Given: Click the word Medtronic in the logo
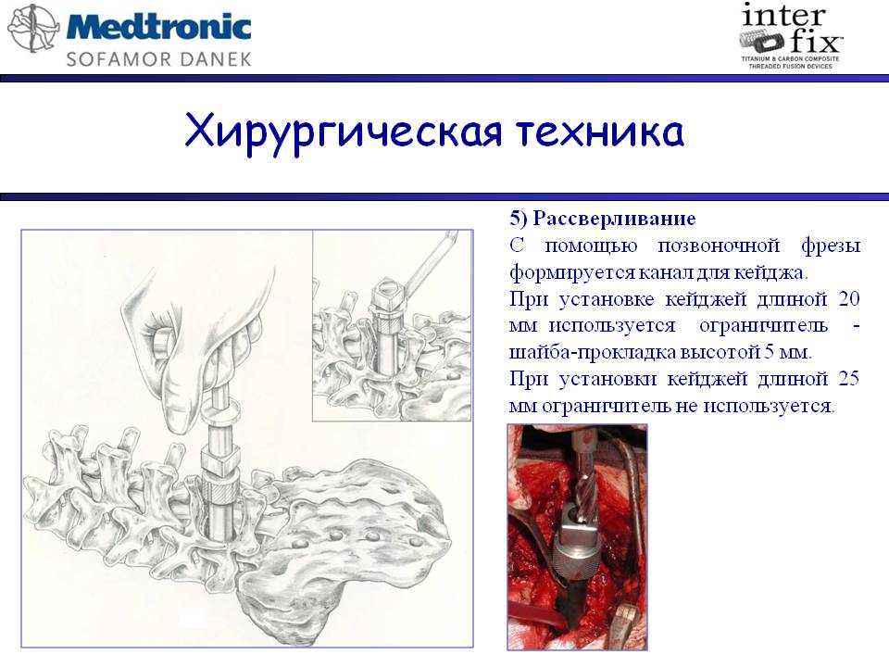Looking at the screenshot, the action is click(159, 27).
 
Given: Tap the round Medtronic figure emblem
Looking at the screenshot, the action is click(32, 28).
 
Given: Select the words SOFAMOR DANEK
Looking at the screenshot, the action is click(158, 59).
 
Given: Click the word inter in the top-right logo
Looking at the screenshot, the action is click(783, 15).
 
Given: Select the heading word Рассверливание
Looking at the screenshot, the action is click(615, 219).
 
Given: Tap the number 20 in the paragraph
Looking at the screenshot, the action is click(849, 298).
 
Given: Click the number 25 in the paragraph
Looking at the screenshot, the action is click(848, 378).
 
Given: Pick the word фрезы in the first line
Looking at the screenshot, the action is click(831, 246).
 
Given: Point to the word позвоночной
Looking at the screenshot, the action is click(719, 246).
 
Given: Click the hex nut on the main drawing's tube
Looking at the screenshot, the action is click(220, 459).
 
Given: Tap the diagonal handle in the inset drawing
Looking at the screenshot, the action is click(429, 263).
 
